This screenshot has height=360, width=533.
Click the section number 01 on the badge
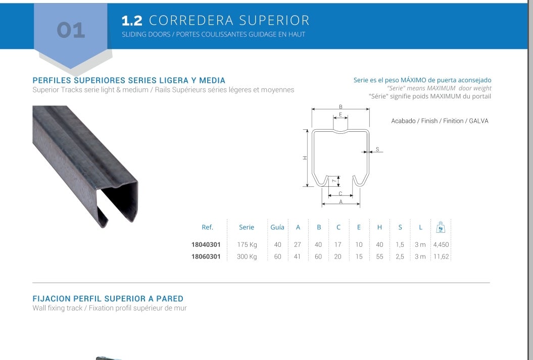click(x=71, y=30)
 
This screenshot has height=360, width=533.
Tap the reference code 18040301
click(x=206, y=244)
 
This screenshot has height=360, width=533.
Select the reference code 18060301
click(x=206, y=256)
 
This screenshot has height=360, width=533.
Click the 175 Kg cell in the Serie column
click(x=247, y=244)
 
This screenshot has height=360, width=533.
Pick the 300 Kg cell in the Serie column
click(x=247, y=256)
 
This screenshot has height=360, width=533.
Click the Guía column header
click(x=277, y=227)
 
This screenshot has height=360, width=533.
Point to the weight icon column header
click(x=441, y=227)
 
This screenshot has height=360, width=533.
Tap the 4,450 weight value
click(x=441, y=244)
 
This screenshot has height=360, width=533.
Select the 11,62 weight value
click(x=441, y=256)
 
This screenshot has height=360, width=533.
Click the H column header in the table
click(x=379, y=227)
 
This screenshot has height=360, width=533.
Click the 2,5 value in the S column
click(x=400, y=256)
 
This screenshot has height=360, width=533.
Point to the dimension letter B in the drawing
click(x=341, y=107)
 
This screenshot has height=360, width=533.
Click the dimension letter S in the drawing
click(x=377, y=149)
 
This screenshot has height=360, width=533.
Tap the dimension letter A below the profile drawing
click(x=341, y=201)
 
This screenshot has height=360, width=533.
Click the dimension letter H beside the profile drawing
click(x=305, y=158)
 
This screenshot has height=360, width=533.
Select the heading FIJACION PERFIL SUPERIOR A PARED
click(x=108, y=298)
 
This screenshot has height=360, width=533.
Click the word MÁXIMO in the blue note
click(x=414, y=80)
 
